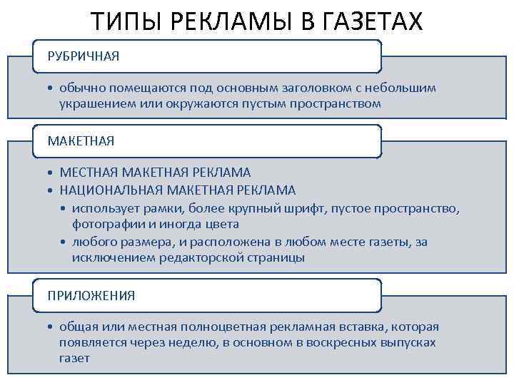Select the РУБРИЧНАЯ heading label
pos(84,56)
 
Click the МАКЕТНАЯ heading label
pos(81,141)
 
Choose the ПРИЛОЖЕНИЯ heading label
pos(91,294)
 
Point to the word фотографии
pos(104,223)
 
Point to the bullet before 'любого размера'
pos(64,242)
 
